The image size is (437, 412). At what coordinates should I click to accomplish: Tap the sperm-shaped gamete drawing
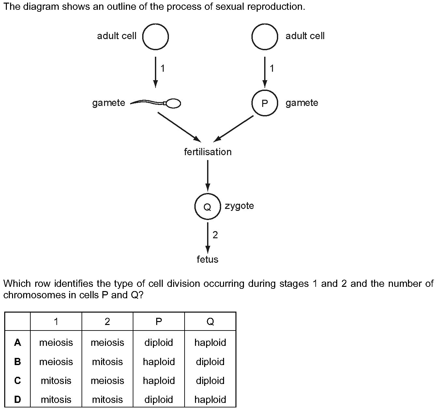click(156, 103)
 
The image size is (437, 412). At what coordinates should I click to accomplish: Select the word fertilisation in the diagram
click(208, 152)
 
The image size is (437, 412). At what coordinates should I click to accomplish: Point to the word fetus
click(207, 259)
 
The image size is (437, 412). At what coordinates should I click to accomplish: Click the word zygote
click(239, 206)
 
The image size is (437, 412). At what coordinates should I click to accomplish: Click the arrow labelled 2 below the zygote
click(207, 238)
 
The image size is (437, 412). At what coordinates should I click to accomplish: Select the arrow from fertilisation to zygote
click(207, 176)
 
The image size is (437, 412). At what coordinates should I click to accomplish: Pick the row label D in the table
click(17, 399)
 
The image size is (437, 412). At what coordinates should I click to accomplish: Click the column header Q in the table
click(210, 322)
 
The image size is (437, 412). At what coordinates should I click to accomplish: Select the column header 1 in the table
click(56, 322)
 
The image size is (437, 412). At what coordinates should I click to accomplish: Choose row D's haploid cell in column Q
click(210, 400)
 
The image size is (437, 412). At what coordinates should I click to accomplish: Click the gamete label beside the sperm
click(109, 103)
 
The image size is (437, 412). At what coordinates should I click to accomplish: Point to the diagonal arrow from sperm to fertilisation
click(179, 127)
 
